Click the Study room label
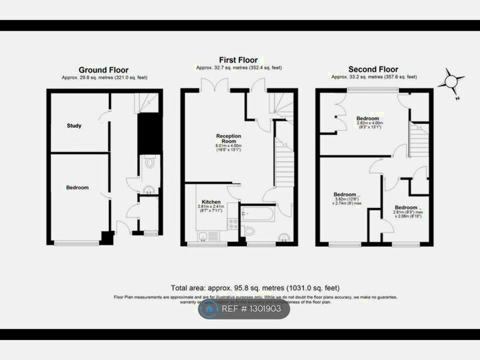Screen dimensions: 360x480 click(x=74, y=126)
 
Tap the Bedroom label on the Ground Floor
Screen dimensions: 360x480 click(x=76, y=188)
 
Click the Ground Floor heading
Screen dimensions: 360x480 click(x=104, y=70)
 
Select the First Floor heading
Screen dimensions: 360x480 click(x=238, y=60)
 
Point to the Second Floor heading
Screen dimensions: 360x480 click(x=373, y=70)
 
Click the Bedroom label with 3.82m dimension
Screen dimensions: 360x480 click(x=345, y=194)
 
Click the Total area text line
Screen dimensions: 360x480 click(x=254, y=288)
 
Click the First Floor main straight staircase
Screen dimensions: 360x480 click(x=284, y=164)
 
